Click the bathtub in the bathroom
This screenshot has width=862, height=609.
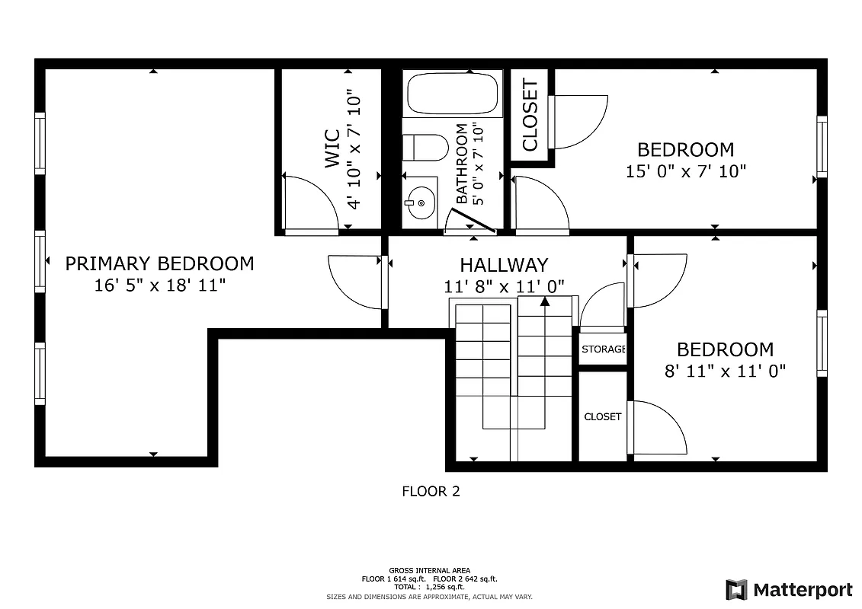click(453, 94)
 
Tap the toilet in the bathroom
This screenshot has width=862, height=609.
click(425, 148)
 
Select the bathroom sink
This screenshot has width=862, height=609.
click(420, 203)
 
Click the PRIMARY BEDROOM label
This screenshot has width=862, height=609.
click(159, 264)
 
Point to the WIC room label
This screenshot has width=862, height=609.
click(333, 149)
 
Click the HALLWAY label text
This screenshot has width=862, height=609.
click(504, 265)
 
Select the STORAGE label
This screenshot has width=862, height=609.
click(604, 349)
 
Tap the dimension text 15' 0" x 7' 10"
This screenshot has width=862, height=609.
click(685, 172)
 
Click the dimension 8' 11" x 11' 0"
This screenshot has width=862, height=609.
click(725, 371)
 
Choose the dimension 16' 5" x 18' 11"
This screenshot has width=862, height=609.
click(159, 286)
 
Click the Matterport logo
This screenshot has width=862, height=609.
click(789, 590)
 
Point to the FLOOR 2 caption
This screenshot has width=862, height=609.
click(431, 492)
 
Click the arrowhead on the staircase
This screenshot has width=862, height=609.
click(545, 302)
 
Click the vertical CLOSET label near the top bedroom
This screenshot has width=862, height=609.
click(530, 116)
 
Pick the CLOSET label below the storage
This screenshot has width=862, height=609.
click(602, 417)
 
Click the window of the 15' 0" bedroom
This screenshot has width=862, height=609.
click(822, 147)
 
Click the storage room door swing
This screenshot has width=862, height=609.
click(602, 306)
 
